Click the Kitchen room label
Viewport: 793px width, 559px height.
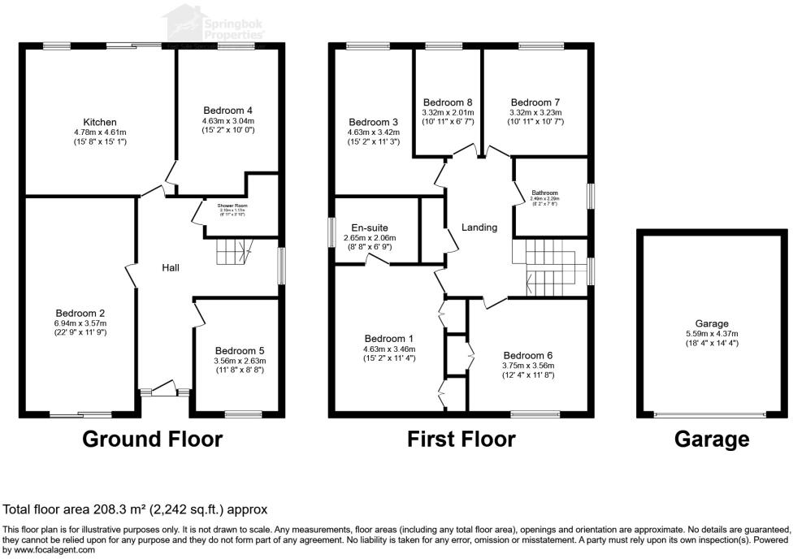(100, 122)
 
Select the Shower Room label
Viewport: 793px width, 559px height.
(232, 206)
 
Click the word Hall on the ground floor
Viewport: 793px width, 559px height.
(170, 267)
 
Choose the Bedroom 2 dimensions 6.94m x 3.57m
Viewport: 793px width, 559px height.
(80, 323)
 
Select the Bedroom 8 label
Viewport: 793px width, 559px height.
(447, 102)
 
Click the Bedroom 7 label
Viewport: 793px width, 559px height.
(535, 102)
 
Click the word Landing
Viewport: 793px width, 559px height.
(479, 227)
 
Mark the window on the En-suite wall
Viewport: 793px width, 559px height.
(331, 230)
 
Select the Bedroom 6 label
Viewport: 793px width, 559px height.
(527, 355)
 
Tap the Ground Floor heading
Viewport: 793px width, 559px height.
(153, 440)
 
